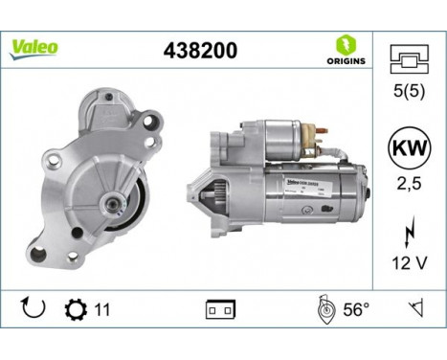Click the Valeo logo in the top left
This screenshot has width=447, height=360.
[x=35, y=47]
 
